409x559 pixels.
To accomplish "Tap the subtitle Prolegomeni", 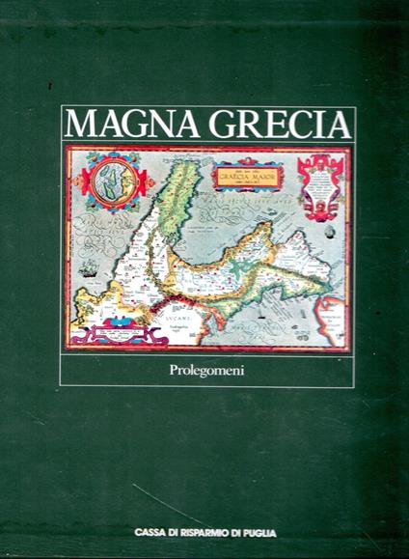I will click(x=207, y=368).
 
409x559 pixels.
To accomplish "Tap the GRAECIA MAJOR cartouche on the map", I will click(x=249, y=178).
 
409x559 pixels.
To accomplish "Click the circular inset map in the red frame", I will click(x=108, y=179).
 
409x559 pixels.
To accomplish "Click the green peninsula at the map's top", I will click(x=175, y=198).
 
